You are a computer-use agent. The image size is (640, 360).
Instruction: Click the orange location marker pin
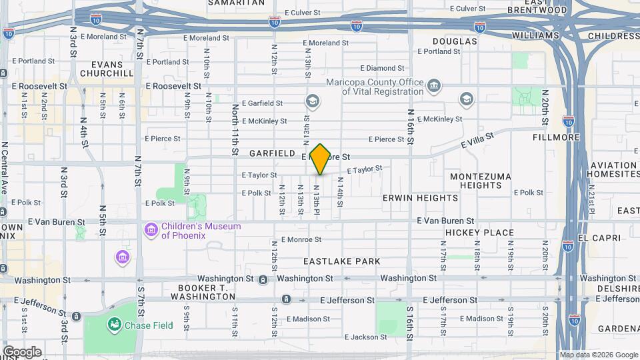point(321,159)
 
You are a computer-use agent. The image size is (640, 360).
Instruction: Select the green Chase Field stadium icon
point(115,325)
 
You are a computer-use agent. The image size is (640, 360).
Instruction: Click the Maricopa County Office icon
point(435,87)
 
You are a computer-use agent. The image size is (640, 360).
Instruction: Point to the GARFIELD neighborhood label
point(272,153)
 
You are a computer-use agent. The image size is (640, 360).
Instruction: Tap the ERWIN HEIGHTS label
point(420,198)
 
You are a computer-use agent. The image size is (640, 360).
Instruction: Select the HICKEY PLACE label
point(479,233)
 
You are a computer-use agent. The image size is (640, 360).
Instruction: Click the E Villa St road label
point(477,141)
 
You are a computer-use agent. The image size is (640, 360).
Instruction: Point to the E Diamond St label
point(383,68)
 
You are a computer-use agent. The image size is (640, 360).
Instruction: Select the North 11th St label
point(235,129)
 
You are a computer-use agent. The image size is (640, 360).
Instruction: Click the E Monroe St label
point(301,239)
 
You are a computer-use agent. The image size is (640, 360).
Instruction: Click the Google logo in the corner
point(22,351)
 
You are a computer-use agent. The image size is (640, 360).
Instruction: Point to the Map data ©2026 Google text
point(598,355)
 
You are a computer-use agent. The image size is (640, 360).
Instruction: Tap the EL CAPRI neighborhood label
point(600,238)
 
